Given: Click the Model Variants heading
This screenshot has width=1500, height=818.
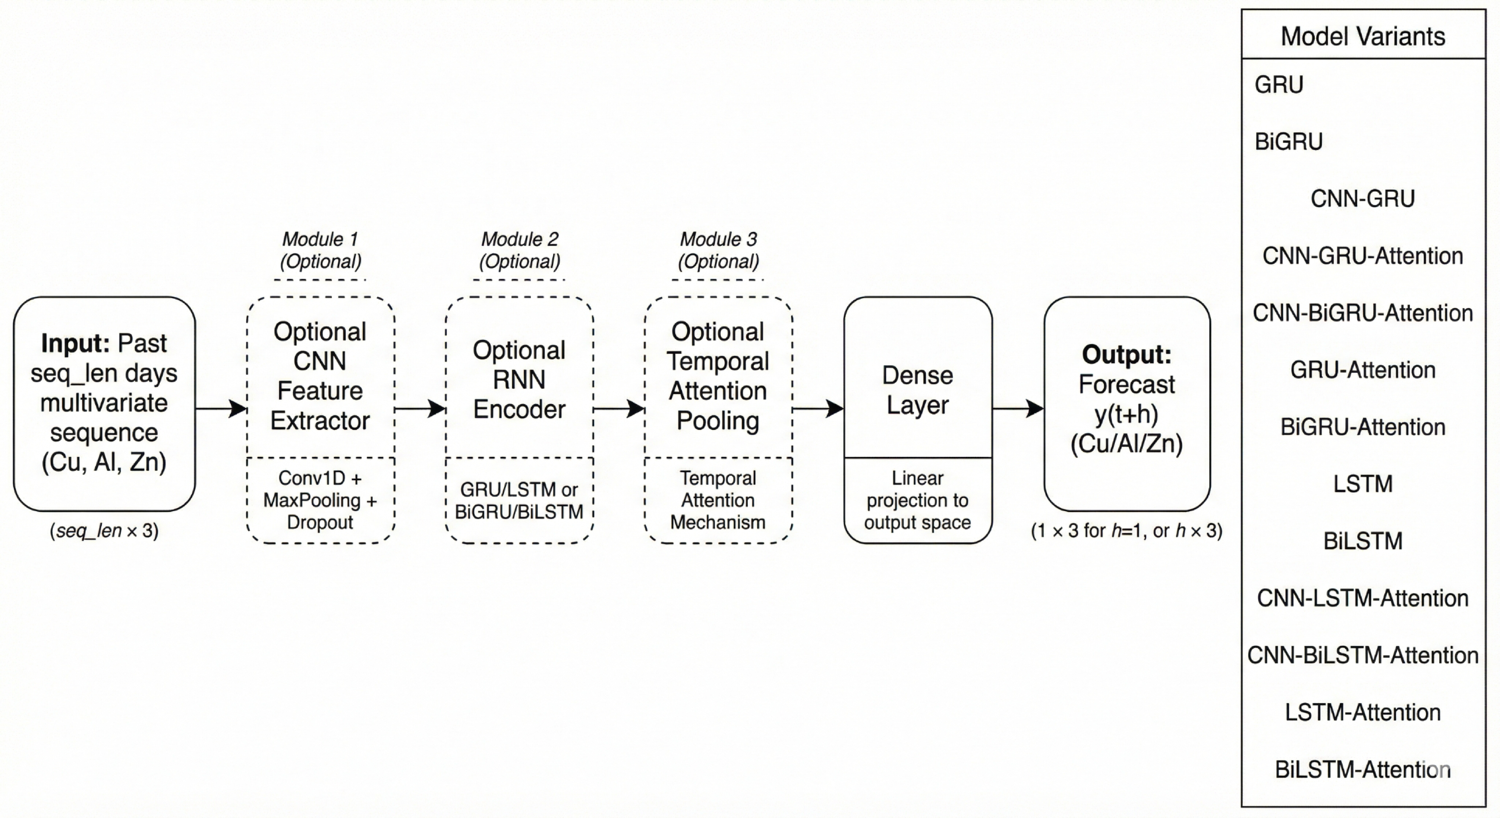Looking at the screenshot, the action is click(1363, 36).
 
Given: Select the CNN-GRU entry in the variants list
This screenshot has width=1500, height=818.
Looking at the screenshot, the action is click(1363, 198).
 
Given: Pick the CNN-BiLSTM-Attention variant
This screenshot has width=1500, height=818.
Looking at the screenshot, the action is click(1363, 655).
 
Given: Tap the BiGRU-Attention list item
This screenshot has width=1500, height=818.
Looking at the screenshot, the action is click(1363, 427).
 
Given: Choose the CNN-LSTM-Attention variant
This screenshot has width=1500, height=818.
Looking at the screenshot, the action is click(1363, 598).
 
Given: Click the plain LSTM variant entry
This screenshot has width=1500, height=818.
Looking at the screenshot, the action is click(1363, 484).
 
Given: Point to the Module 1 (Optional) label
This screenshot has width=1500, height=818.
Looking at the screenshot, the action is click(320, 250).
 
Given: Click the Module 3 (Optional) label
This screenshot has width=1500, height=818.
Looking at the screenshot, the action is click(718, 250).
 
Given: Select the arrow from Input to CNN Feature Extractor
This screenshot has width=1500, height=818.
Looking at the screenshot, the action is click(221, 409).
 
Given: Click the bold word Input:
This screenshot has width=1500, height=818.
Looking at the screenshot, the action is click(75, 343).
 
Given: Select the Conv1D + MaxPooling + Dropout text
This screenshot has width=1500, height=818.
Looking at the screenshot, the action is click(320, 500).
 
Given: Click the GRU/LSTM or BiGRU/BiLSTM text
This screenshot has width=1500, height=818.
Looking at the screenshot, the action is click(519, 500).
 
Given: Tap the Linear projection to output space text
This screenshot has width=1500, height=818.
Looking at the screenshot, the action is click(918, 500).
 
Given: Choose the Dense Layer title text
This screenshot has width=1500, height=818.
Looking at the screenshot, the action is click(918, 390).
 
